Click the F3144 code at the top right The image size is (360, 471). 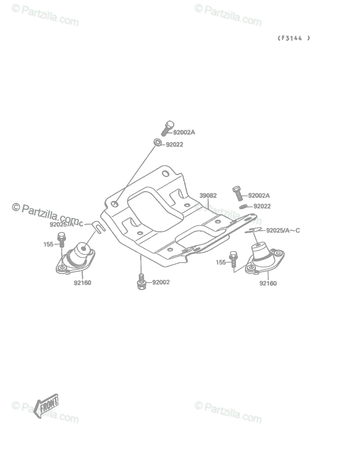click(x=294, y=38)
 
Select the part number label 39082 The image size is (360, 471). click(x=208, y=195)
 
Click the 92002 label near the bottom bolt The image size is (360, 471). click(x=161, y=282)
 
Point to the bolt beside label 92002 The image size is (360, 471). click(x=141, y=281)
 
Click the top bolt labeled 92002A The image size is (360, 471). click(x=168, y=128)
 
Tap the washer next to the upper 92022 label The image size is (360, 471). click(x=158, y=142)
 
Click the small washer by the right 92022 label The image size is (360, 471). click(x=243, y=206)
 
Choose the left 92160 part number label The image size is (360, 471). click(x=82, y=283)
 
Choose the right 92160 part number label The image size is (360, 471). click(x=268, y=283)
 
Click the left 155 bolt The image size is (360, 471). click(x=62, y=240)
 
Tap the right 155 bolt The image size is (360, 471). click(x=233, y=259)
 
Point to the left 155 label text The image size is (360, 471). click(x=49, y=244)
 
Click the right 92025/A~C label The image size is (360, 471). click(x=283, y=230)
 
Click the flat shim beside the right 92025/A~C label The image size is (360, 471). click(x=253, y=230)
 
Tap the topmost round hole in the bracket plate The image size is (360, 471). click(x=165, y=173)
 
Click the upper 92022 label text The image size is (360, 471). click(x=174, y=144)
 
